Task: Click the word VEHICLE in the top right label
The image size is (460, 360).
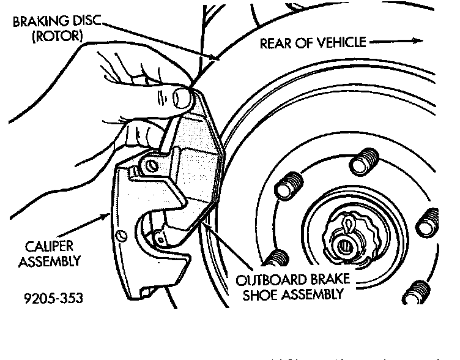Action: click(x=342, y=42)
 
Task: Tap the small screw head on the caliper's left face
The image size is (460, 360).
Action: click(x=122, y=236)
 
